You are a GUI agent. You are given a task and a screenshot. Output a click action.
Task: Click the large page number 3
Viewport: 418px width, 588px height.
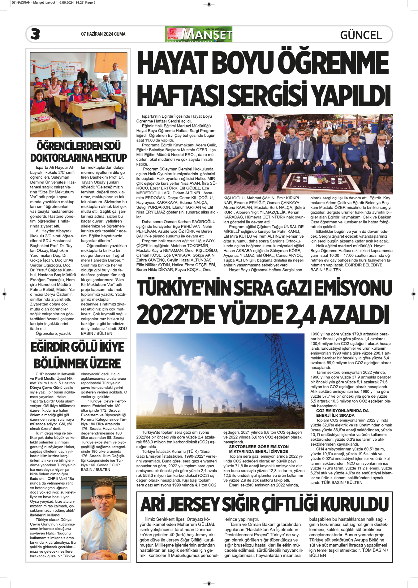[x=35, y=34]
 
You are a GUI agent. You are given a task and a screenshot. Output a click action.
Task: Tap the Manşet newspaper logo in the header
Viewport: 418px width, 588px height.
[x=199, y=34]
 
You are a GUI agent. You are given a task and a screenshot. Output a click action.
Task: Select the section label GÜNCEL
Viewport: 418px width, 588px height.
[x=361, y=35]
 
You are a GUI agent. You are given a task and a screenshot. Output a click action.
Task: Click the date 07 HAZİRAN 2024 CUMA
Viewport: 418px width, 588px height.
[x=103, y=34]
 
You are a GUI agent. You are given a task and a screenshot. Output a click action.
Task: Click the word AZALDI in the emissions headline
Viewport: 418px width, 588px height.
[x=353, y=315]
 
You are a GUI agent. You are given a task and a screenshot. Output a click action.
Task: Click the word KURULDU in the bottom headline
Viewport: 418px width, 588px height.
[x=354, y=504]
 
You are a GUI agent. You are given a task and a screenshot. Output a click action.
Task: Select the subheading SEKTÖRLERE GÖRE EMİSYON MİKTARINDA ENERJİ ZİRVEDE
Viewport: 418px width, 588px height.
[x=258, y=449]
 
